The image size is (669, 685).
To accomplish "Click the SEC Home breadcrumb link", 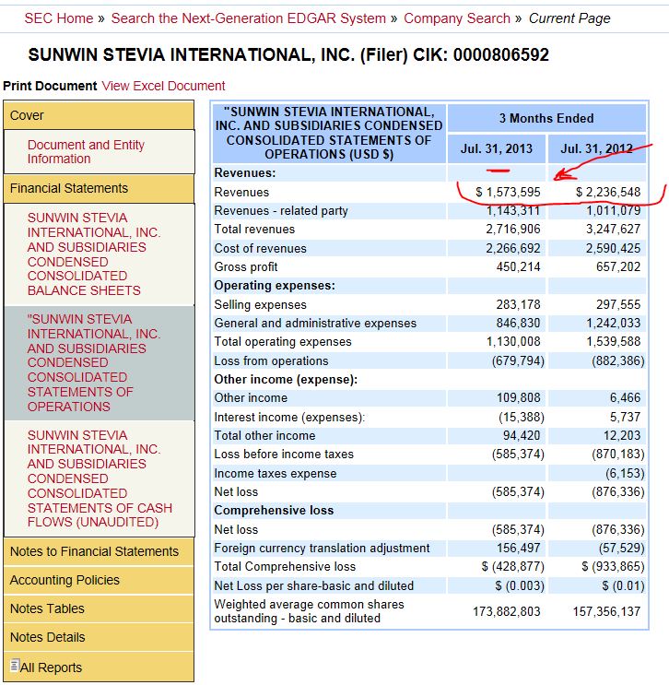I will coord(58,18).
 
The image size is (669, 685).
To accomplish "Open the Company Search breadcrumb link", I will coord(456,18).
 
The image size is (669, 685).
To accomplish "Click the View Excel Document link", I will coord(163,86).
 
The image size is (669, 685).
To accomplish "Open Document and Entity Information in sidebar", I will coord(86,152).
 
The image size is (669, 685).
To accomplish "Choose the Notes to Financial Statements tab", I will coord(94,551).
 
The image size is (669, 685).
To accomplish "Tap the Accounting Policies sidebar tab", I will coord(65,580).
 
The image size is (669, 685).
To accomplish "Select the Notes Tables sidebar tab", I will coord(47,608).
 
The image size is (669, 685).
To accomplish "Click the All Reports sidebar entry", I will coord(51,667).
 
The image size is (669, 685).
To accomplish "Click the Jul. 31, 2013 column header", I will coord(497,148).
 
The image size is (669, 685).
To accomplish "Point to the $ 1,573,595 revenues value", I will coord(508,192).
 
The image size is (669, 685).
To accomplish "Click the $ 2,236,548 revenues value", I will coord(607,192).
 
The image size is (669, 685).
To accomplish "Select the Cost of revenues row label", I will coord(260,248).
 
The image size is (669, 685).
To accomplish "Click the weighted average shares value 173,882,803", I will coord(507,611).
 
